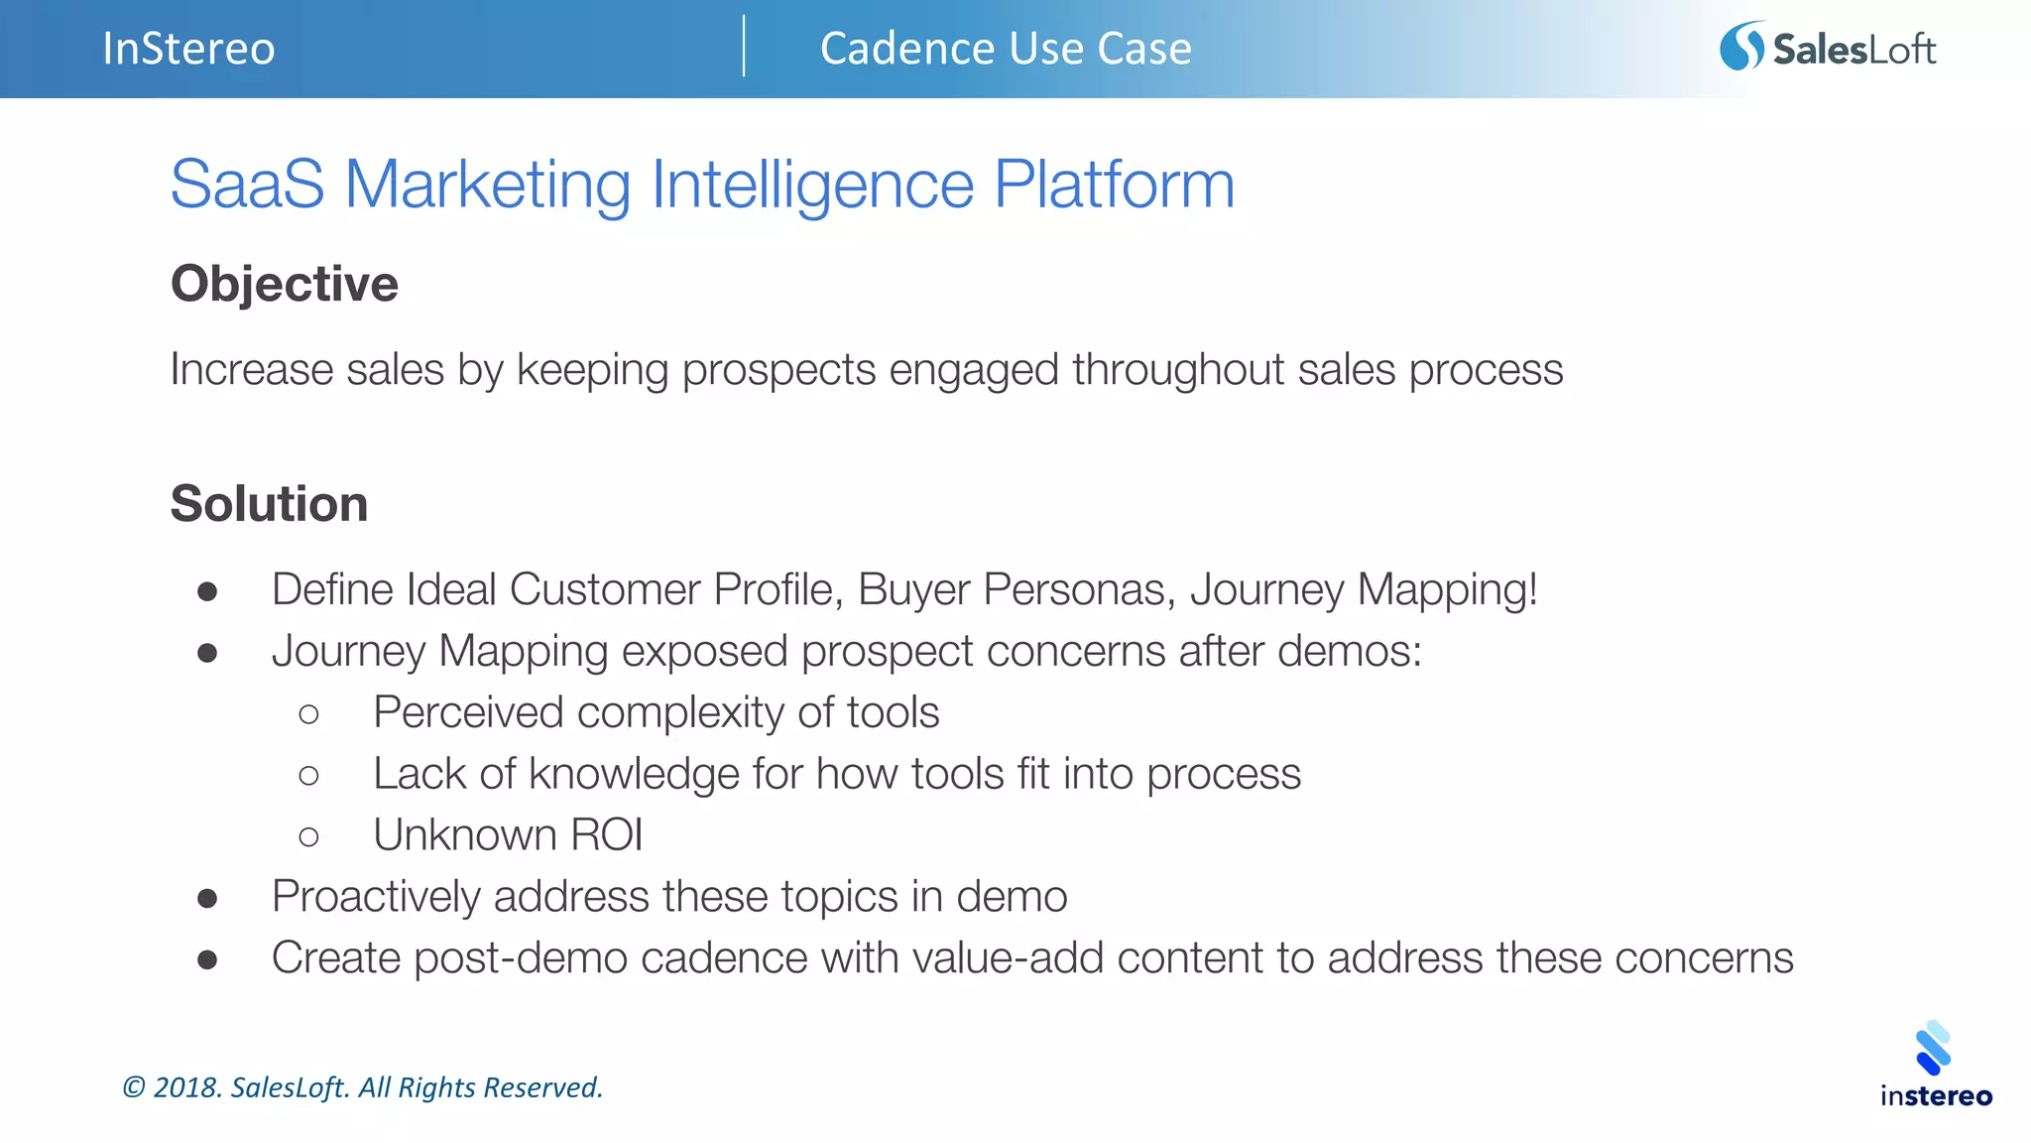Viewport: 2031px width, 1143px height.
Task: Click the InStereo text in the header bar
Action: (x=188, y=49)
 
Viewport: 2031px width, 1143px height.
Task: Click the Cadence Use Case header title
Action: (x=1006, y=49)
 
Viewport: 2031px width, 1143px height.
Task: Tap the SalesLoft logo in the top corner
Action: (x=1827, y=48)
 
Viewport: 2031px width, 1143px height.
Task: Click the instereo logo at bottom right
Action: (x=1935, y=1067)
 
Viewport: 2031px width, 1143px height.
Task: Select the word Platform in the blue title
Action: (x=1114, y=185)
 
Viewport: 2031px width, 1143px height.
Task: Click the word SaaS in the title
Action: (x=247, y=185)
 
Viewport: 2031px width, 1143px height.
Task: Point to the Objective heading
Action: (x=285, y=285)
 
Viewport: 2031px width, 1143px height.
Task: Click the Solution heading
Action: (x=269, y=504)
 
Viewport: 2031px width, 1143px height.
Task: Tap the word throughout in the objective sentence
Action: (x=1178, y=370)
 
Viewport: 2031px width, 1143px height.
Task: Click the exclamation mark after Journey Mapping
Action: (x=1532, y=589)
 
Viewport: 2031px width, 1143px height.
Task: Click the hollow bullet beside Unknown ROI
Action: (x=308, y=836)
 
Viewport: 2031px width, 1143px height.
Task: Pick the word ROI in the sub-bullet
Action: (x=606, y=835)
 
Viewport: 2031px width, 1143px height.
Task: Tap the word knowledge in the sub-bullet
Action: (x=634, y=775)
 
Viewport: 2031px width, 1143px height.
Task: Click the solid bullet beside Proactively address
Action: (x=207, y=899)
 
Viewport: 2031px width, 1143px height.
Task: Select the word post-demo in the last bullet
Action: (x=521, y=959)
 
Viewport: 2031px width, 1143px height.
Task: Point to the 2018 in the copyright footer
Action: (x=186, y=1087)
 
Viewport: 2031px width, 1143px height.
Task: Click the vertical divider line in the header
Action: (x=744, y=47)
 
